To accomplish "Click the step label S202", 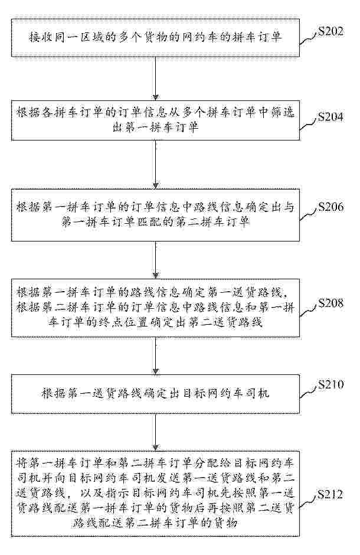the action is click(330, 31).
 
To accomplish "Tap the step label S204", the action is click(330, 117).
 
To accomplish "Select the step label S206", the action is click(330, 207).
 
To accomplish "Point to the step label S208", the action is click(330, 303).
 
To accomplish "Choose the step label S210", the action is click(330, 384).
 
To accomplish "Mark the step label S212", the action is click(330, 494).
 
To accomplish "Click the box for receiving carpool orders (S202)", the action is click(156, 38).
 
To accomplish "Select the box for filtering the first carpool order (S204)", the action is click(156, 120).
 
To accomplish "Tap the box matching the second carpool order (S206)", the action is click(156, 215).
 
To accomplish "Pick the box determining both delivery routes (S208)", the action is click(156, 308).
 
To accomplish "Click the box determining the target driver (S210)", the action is click(156, 394).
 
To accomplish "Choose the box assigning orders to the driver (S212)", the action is click(156, 494).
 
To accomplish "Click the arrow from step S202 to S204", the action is click(156, 79).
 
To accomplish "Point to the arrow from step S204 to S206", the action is click(156, 165).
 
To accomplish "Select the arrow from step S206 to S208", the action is click(156, 260).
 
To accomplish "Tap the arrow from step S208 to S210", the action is click(156, 355).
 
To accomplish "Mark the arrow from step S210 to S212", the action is click(156, 432).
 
